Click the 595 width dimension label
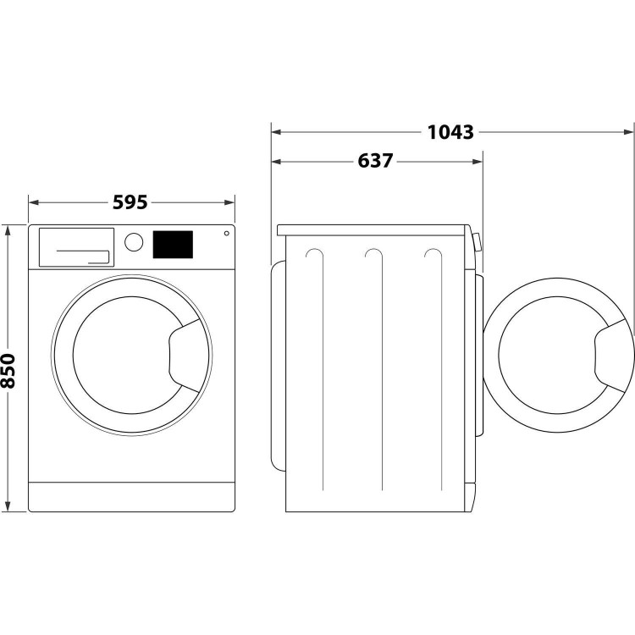tap(130, 202)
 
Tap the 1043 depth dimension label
tap(450, 132)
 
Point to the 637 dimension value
tap(374, 160)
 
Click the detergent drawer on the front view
tap(75, 246)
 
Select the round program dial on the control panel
tap(134, 242)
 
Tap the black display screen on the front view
tap(173, 245)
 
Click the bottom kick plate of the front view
tap(131, 497)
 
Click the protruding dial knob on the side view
tap(478, 243)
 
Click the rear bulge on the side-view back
tap(277, 364)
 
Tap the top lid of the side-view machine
tap(373, 229)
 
